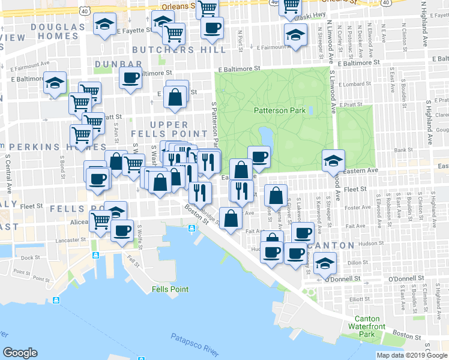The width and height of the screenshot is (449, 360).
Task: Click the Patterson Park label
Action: pos(280,110)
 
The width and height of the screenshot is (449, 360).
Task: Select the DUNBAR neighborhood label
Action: pos(118,64)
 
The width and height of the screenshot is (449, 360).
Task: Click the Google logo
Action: pos(20,353)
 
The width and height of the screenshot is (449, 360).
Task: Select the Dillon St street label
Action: pos(357,262)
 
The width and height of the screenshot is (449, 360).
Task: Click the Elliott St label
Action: pos(360,298)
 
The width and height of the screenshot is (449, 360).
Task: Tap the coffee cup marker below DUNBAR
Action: pos(130,77)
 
